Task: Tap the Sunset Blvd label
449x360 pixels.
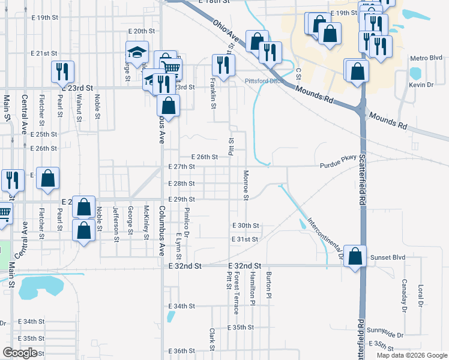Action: point(390,257)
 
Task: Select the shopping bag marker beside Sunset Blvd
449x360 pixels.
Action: point(355,256)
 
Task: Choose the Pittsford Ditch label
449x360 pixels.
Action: point(264,81)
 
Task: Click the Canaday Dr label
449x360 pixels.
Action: point(405,295)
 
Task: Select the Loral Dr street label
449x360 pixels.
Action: point(420,296)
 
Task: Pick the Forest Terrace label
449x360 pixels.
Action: point(237,292)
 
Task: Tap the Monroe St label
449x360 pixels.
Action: point(246,185)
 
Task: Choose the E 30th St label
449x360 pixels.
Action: point(246,226)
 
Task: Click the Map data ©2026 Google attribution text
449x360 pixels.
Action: point(411,355)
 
